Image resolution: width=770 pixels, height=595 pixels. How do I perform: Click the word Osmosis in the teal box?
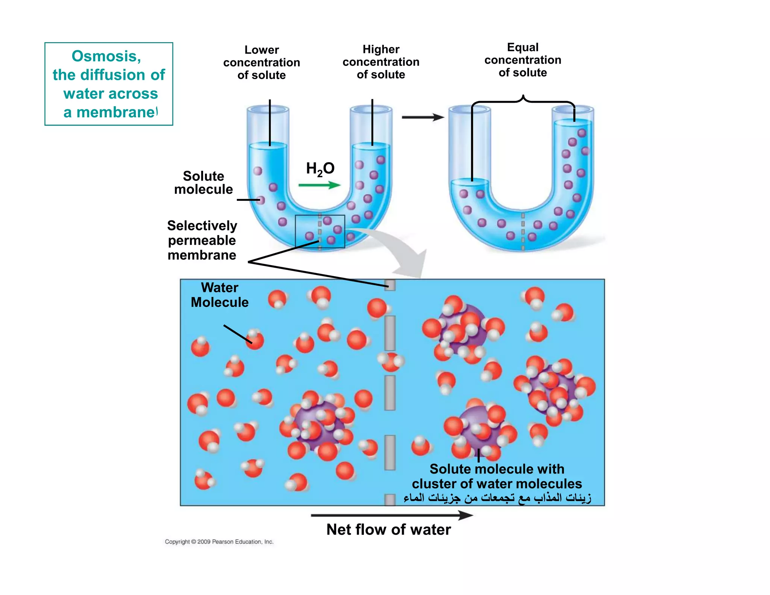[106, 56]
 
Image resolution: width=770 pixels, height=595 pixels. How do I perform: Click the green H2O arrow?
[319, 185]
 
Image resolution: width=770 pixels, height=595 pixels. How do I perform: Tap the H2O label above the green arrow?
[320, 168]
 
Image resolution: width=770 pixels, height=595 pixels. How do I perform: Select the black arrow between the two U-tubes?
[423, 117]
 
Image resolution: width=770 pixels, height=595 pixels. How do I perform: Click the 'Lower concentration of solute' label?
[262, 62]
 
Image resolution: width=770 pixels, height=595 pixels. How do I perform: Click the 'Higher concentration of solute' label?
[381, 62]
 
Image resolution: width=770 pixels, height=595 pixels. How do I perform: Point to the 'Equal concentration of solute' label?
[523, 60]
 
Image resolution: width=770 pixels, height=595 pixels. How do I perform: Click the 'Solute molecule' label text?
[203, 183]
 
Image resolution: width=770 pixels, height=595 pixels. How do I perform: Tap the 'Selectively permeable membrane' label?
[202, 240]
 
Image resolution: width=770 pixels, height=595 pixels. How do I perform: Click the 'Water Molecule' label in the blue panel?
[220, 295]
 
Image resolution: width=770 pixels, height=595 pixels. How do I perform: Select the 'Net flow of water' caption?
[388, 530]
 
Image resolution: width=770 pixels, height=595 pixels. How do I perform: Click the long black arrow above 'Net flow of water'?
[391, 515]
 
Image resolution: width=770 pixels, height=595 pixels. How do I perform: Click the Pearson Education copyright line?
[219, 542]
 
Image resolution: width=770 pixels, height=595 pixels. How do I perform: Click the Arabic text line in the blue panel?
[497, 498]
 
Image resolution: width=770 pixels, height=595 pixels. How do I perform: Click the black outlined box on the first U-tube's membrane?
[320, 231]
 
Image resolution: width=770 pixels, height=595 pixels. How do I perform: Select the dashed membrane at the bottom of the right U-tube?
[523, 231]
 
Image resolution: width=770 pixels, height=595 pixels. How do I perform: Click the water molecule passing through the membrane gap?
[391, 361]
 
